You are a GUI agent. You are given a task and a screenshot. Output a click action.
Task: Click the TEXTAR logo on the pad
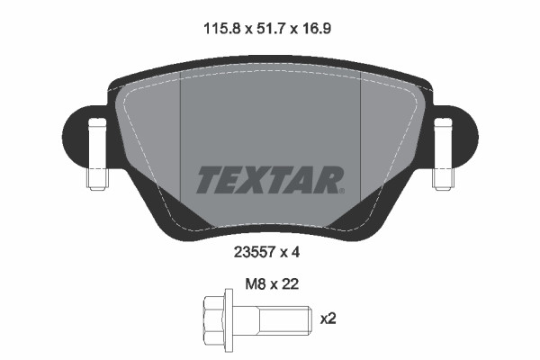point(269,180)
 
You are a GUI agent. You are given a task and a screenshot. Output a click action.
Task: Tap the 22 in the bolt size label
point(290,283)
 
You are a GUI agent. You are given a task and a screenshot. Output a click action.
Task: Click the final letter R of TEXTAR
point(328,180)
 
